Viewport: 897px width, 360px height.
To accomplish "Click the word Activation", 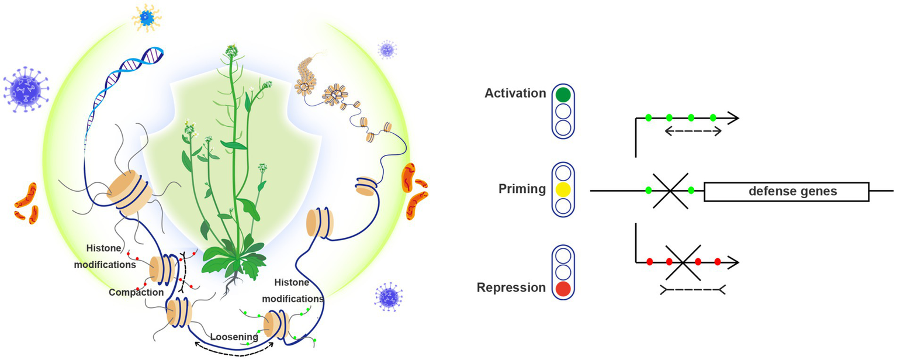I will pyautogui.click(x=514, y=94).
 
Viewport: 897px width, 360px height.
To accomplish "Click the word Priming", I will pyautogui.click(x=522, y=189).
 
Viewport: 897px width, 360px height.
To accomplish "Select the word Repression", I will pyautogui.click(x=511, y=288).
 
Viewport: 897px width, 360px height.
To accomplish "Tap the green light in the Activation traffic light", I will pyautogui.click(x=563, y=95).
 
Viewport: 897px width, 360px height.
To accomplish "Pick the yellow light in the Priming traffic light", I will pyautogui.click(x=563, y=189).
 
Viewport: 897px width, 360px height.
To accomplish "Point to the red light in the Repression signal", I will pyautogui.click(x=563, y=288).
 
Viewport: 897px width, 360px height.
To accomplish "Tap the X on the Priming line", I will pyautogui.click(x=670, y=191).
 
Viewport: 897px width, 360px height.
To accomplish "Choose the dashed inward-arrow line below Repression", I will pyautogui.click(x=693, y=289).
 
